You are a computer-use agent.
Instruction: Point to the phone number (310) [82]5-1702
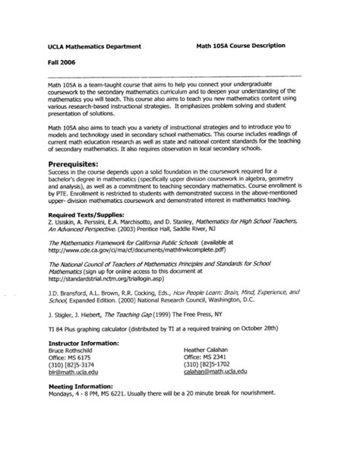[207, 363]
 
